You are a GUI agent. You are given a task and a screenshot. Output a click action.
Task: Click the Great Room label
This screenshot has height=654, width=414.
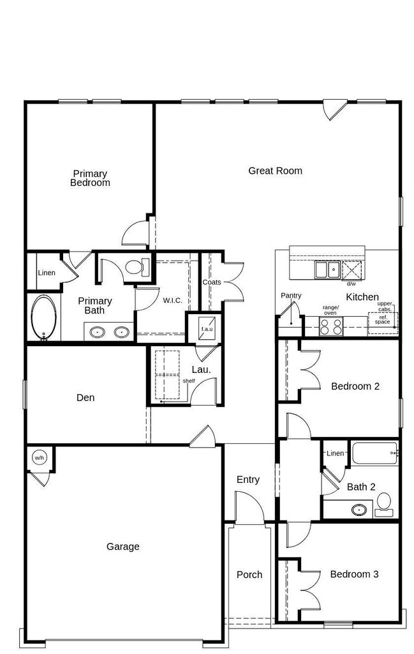tap(275, 171)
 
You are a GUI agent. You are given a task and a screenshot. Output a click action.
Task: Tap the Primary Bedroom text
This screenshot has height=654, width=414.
tap(90, 178)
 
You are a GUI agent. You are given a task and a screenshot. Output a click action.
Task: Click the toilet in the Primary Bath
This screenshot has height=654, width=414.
tap(137, 267)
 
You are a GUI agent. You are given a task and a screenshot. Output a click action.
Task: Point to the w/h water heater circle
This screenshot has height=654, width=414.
tap(39, 458)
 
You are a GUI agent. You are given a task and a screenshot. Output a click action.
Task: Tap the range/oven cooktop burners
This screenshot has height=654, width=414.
tap(330, 326)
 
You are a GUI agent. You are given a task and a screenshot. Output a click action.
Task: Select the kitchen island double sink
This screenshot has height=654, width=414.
tap(327, 270)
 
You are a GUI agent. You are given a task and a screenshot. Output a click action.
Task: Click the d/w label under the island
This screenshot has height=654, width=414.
tap(351, 284)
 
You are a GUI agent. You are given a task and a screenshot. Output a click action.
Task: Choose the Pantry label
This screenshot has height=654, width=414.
tap(291, 295)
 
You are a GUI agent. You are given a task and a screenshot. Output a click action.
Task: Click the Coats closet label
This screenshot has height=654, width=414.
tap(212, 282)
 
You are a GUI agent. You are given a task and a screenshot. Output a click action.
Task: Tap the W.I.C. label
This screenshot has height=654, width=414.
tap(172, 300)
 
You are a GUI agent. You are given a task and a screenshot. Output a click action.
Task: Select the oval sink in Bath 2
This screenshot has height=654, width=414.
tap(359, 509)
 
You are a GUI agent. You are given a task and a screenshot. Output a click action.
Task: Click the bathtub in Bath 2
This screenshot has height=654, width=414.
tap(375, 454)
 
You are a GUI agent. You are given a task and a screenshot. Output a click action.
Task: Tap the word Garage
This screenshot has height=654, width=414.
tap(123, 547)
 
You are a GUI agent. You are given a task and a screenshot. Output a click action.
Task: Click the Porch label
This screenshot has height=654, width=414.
tap(249, 574)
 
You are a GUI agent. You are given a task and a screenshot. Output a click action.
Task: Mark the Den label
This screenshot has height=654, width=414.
tap(85, 397)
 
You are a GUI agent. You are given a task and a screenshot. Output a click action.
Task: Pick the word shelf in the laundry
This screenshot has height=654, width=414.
tap(189, 381)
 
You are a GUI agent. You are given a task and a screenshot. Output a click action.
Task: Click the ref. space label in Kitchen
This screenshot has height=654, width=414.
tap(382, 319)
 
